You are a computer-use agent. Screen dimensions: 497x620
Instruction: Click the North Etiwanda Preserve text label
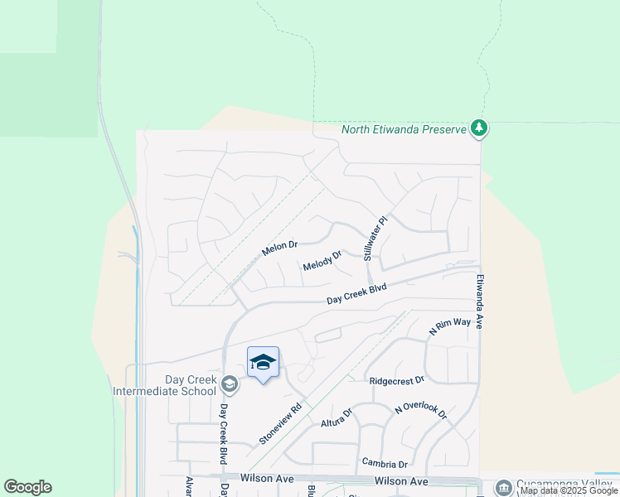coord(403,130)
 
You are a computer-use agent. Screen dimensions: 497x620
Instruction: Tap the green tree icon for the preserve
coord(478,128)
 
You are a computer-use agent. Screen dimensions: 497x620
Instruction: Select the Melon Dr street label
coord(279,248)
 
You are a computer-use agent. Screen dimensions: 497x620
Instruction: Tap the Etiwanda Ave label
coord(479,302)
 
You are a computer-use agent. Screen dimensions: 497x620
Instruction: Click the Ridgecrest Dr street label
coord(396,379)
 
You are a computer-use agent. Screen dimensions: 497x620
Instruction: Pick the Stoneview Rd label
coord(279,424)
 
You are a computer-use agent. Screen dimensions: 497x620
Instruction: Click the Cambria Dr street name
coord(385,462)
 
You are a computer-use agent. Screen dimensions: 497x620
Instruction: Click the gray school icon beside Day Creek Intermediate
coord(230,384)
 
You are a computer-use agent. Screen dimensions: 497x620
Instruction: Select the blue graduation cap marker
coord(263,362)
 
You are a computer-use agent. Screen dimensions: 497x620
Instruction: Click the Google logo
coord(27,487)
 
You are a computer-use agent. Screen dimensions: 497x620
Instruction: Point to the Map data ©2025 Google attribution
coord(569,490)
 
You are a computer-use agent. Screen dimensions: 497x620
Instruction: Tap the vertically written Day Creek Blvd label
coord(224,434)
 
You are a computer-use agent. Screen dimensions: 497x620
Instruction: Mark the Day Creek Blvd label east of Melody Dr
coord(356,293)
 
